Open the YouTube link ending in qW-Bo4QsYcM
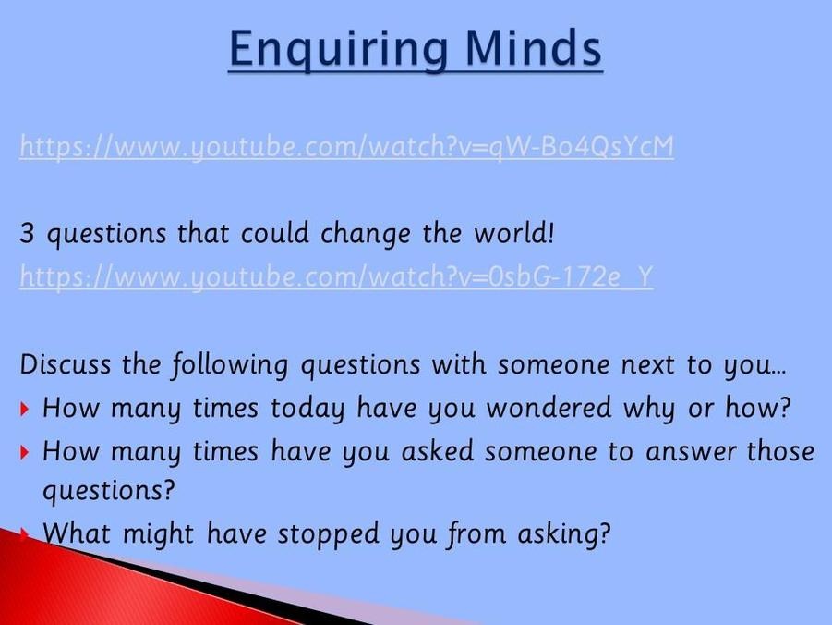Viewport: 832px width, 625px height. [x=346, y=146]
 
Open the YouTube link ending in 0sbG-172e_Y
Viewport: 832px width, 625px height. [x=336, y=276]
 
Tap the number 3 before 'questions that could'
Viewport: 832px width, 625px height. [x=27, y=233]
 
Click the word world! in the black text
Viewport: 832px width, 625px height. [x=513, y=233]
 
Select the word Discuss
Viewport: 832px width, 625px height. [x=66, y=364]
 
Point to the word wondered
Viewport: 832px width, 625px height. [x=549, y=408]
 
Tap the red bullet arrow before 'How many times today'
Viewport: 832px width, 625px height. [x=24, y=409]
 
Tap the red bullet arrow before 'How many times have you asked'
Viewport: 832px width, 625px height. [x=24, y=452]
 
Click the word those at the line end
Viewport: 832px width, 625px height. [x=780, y=451]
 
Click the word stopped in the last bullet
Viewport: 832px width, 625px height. [x=329, y=534]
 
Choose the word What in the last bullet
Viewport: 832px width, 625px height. [x=77, y=533]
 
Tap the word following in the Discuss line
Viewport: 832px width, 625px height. [x=229, y=365]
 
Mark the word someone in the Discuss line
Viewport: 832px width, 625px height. [x=553, y=365]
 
